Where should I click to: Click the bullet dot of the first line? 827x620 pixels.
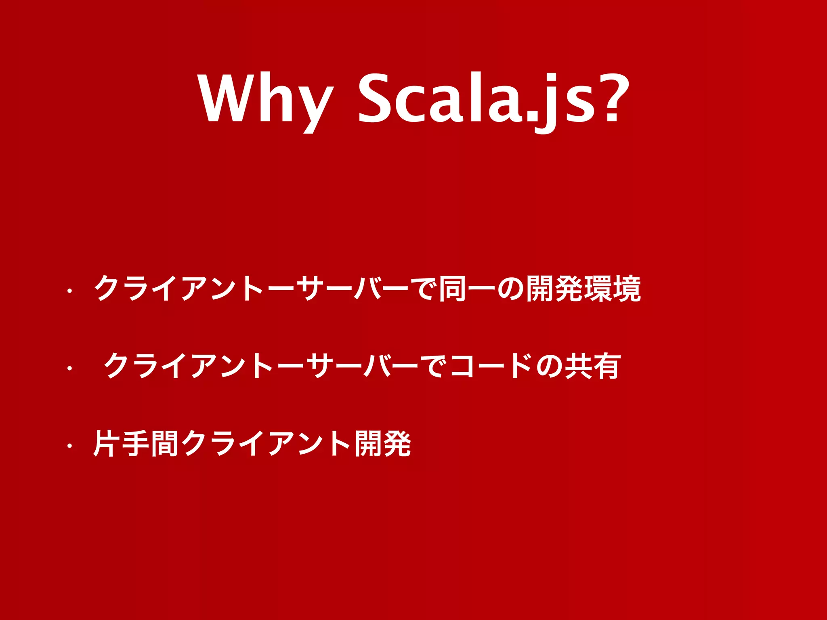69,291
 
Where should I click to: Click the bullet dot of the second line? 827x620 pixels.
69,368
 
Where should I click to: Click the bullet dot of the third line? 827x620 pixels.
69,446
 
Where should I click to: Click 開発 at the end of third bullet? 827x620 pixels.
383,444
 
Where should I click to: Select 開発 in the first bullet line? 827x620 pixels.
554,289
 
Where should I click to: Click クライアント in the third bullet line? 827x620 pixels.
267,444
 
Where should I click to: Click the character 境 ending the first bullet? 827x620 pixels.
627,289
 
